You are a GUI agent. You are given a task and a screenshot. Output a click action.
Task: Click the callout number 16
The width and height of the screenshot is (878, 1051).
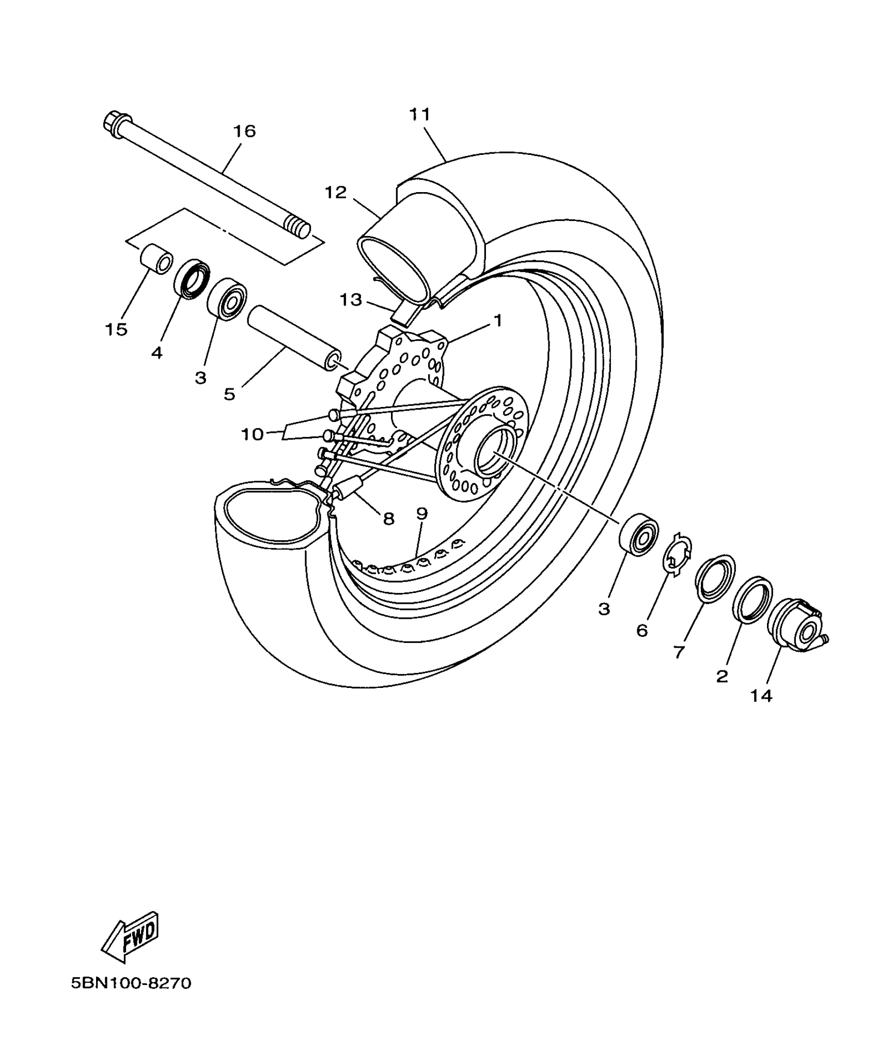(x=244, y=131)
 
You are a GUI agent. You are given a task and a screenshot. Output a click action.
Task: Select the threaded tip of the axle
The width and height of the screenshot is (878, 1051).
(x=299, y=228)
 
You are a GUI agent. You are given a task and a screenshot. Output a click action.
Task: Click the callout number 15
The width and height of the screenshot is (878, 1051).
(x=116, y=329)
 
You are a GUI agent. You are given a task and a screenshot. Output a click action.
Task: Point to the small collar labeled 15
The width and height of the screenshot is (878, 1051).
(x=156, y=260)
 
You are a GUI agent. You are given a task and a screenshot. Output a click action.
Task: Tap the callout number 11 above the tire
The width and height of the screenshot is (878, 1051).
(x=419, y=114)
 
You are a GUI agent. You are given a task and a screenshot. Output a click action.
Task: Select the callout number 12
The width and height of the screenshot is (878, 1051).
(x=336, y=193)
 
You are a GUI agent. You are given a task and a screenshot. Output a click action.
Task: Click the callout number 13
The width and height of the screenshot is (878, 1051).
(x=351, y=300)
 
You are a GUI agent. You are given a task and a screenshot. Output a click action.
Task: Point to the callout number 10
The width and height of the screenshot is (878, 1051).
(x=253, y=434)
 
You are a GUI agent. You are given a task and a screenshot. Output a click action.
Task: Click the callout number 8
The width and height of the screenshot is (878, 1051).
(x=388, y=518)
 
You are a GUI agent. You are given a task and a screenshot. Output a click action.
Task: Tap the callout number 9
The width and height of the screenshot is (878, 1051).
(x=422, y=513)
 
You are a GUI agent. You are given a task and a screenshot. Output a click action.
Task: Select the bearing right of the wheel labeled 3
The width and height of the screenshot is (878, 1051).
(x=639, y=534)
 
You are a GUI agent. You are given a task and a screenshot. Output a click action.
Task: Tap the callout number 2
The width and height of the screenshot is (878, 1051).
(x=722, y=676)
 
